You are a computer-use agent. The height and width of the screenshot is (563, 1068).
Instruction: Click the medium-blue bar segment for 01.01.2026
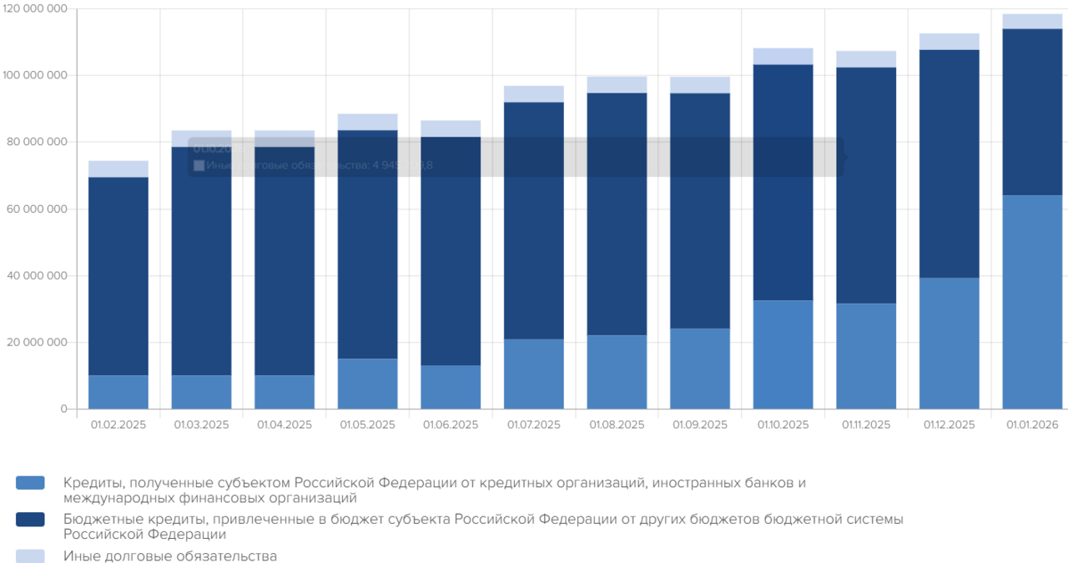(1032, 302)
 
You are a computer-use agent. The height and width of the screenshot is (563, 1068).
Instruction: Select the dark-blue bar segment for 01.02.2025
(118, 275)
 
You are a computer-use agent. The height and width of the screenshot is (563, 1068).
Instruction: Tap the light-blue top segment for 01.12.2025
(949, 42)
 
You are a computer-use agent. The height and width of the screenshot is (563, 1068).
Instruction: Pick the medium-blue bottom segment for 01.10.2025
(783, 354)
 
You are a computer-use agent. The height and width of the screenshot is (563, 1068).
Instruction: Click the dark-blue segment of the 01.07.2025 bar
(534, 221)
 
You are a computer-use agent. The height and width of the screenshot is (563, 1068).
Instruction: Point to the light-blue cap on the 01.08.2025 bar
(617, 84)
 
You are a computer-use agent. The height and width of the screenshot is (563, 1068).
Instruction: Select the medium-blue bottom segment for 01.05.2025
(367, 384)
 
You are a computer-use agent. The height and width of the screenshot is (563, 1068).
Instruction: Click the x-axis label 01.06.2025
(451, 425)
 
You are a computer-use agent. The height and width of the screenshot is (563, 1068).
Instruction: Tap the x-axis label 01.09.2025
(700, 425)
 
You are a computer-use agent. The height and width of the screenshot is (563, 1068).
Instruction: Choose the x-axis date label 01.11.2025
(866, 425)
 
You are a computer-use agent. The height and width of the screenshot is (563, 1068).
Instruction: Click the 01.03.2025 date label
(201, 425)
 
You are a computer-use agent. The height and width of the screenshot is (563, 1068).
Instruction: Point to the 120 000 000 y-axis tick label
(34, 8)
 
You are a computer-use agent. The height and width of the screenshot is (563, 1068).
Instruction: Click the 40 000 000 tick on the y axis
(38, 275)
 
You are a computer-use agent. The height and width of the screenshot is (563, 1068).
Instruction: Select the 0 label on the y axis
(63, 409)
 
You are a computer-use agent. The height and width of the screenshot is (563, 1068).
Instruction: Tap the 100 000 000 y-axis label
(34, 75)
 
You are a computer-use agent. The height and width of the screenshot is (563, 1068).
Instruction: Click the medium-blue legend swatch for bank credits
(30, 483)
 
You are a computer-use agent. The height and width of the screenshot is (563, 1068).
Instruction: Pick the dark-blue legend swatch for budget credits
(30, 520)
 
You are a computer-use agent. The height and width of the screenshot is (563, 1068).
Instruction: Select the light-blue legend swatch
(30, 555)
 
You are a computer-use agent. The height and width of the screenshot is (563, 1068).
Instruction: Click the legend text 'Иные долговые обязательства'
(170, 555)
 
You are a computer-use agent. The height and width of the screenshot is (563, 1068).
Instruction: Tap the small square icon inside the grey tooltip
(199, 165)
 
